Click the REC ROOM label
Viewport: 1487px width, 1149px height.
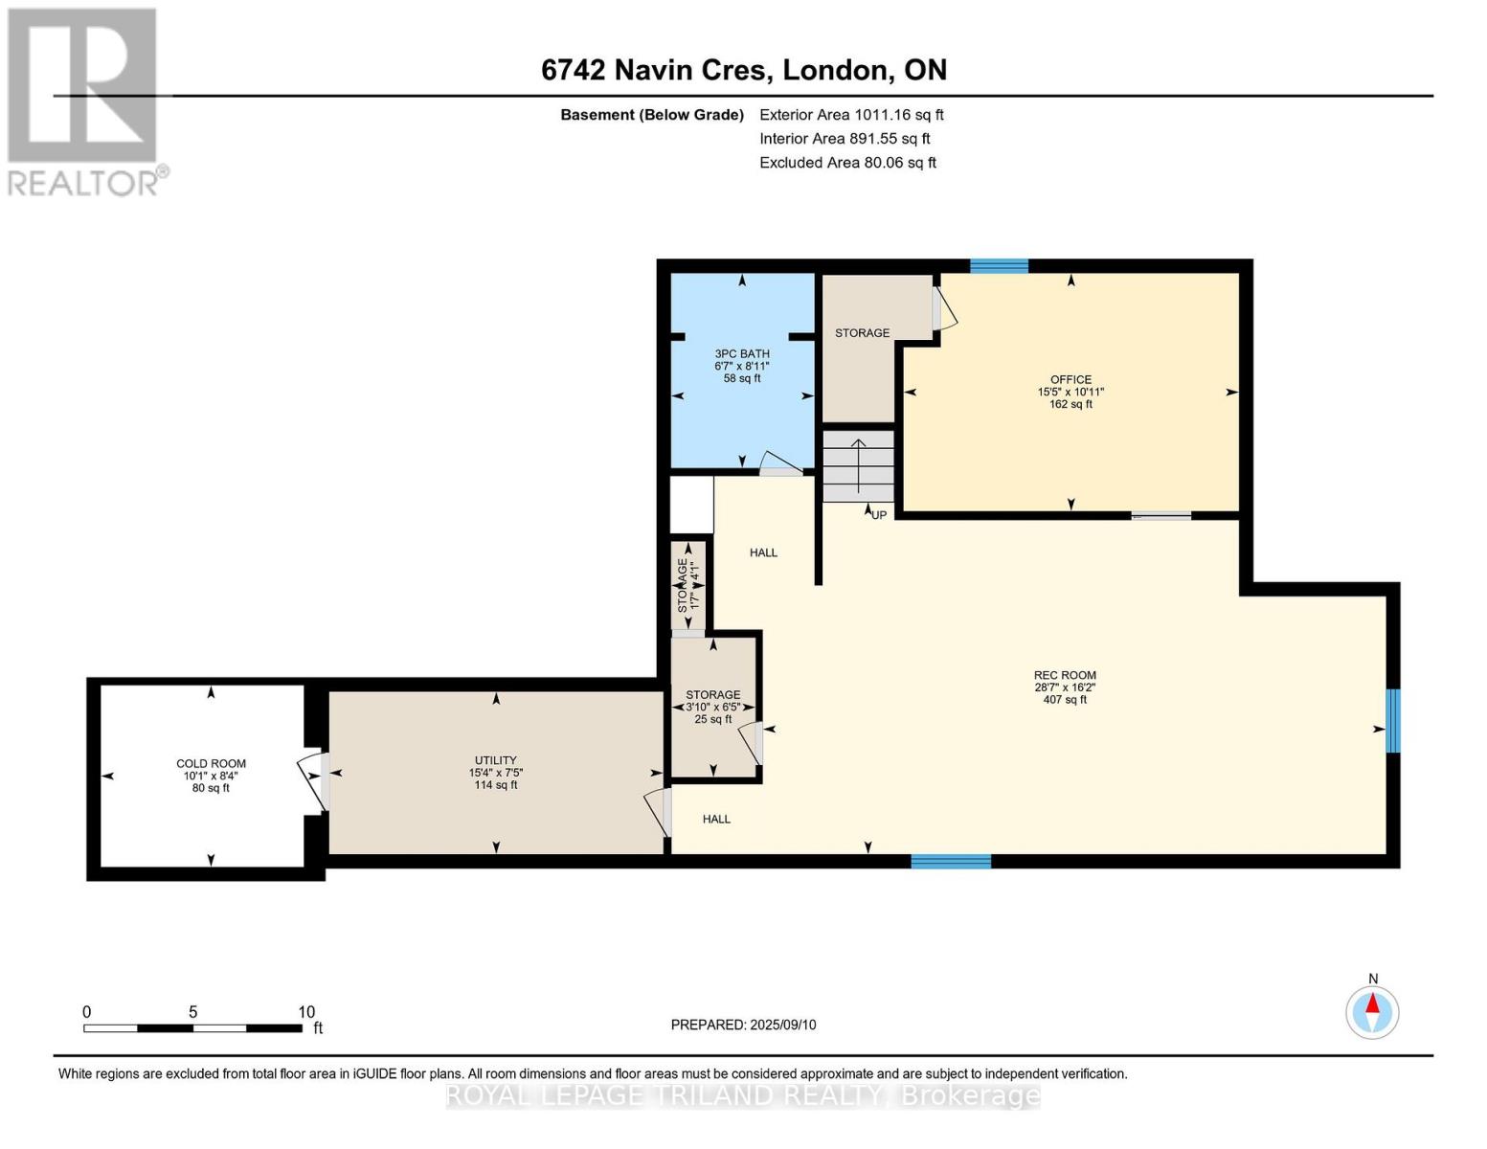click(1065, 675)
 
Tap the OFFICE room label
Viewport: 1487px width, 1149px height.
click(1070, 380)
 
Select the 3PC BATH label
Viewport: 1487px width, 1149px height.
click(742, 354)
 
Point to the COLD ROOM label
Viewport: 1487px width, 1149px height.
click(211, 764)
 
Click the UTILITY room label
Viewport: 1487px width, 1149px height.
click(495, 760)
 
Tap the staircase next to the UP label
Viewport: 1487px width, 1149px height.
click(858, 466)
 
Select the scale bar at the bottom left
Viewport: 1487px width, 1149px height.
click(193, 1027)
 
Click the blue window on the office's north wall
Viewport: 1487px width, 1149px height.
click(999, 266)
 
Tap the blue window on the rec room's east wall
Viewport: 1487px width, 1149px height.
click(1392, 721)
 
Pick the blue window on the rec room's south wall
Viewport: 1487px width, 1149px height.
click(951, 862)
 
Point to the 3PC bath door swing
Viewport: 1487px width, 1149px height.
click(780, 463)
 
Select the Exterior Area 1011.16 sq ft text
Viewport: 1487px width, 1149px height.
click(851, 115)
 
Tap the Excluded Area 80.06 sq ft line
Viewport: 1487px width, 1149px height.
click(847, 163)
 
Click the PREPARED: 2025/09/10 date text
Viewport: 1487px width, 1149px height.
click(743, 1025)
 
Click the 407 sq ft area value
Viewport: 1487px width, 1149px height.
click(1065, 700)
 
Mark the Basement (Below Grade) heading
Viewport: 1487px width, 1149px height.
click(652, 115)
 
